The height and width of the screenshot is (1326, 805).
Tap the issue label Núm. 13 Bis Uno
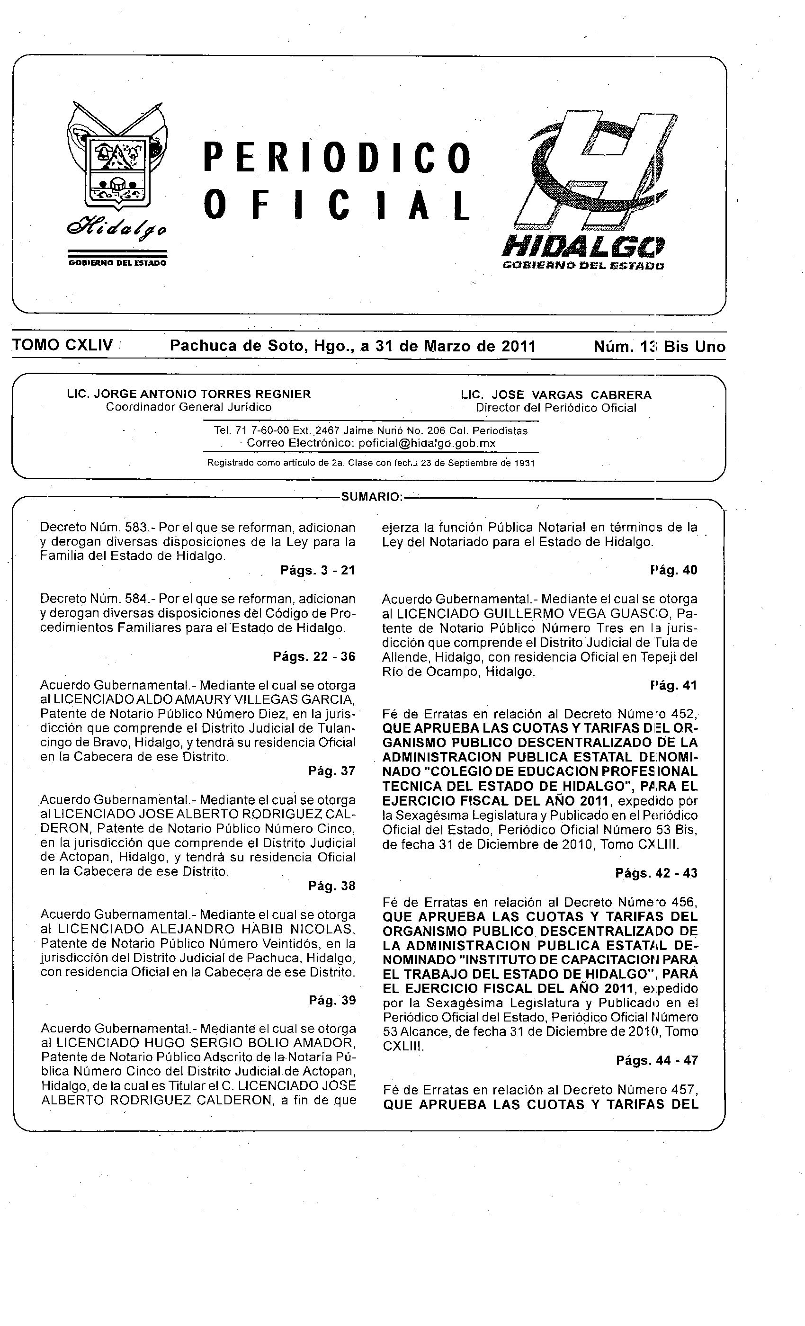[659, 347]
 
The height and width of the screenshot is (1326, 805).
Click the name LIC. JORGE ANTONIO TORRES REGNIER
[189, 394]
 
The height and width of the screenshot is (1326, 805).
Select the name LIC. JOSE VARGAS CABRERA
[556, 395]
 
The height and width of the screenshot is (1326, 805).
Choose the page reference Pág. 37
[332, 771]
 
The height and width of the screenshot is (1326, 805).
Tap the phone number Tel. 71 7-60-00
[252, 430]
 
